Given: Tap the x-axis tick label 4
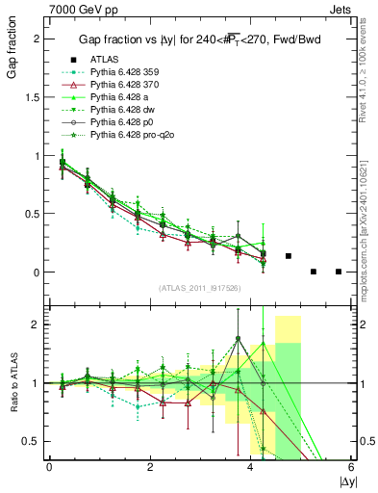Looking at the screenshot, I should [x=251, y=466].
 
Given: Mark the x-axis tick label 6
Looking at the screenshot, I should [x=351, y=466].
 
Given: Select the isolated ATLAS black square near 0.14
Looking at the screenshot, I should [x=289, y=256].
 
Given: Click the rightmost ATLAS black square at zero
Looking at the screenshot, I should [x=339, y=272].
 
